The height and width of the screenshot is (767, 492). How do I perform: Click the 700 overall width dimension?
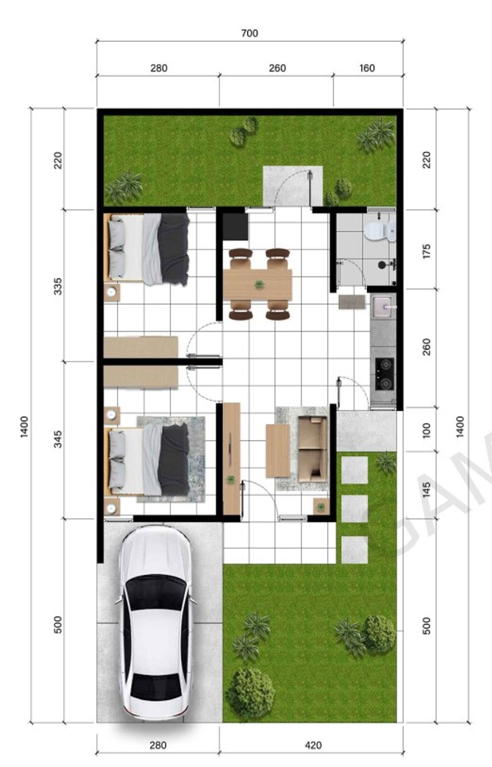click(249, 33)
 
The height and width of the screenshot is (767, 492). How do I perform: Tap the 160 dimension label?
click(367, 68)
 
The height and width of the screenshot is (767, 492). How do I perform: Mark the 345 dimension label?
click(58, 439)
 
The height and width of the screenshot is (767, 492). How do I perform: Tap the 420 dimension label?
click(313, 745)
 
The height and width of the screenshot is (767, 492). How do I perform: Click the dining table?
click(258, 285)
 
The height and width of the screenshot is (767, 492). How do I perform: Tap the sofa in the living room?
click(312, 449)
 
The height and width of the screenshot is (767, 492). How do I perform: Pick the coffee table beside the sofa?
click(278, 450)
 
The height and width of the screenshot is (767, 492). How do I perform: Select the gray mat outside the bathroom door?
click(351, 302)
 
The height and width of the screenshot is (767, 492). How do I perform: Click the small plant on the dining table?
click(259, 285)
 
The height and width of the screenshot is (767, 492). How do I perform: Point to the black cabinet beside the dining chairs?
click(235, 226)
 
